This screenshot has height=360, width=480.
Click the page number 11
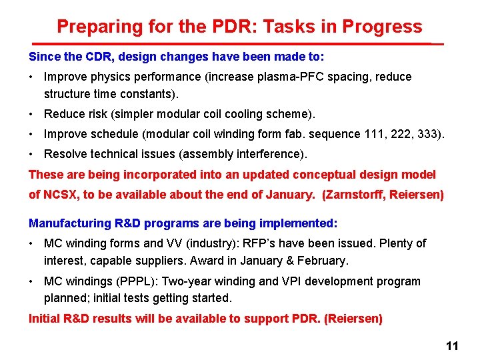pos(452,346)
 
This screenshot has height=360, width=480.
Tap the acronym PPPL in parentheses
pos(131,281)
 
